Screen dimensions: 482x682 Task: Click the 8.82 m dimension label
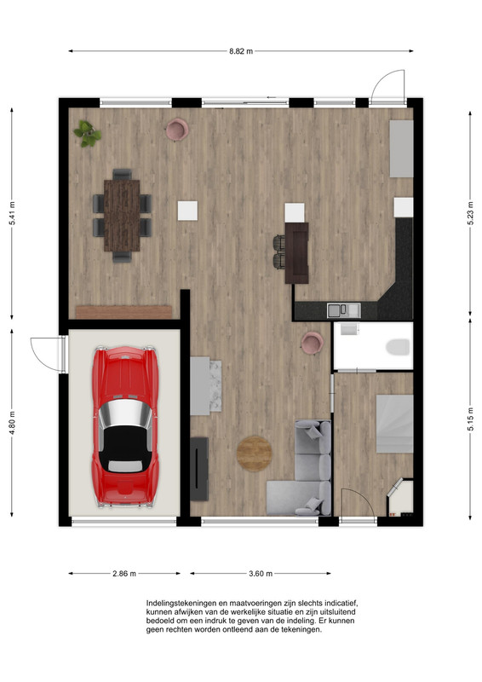click(241, 51)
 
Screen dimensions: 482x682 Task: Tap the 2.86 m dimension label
click(124, 574)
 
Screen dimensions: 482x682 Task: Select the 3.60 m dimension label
click(261, 574)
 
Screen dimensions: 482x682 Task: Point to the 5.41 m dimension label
click(12, 213)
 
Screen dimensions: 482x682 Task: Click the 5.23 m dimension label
click(470, 213)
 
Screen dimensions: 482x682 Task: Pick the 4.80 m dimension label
click(12, 423)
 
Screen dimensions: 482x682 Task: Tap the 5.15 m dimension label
click(470, 419)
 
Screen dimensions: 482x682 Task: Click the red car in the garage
click(124, 427)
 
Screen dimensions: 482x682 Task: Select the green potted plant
click(88, 134)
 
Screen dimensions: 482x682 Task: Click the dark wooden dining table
click(122, 216)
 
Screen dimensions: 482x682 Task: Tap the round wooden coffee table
click(255, 454)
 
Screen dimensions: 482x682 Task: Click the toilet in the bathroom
click(398, 347)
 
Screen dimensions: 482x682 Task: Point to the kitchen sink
click(343, 310)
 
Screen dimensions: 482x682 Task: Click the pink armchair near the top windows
click(177, 130)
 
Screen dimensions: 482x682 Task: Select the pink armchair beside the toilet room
click(313, 343)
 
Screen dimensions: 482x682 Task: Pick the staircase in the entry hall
click(394, 424)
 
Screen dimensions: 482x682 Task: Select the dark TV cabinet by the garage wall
click(199, 468)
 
